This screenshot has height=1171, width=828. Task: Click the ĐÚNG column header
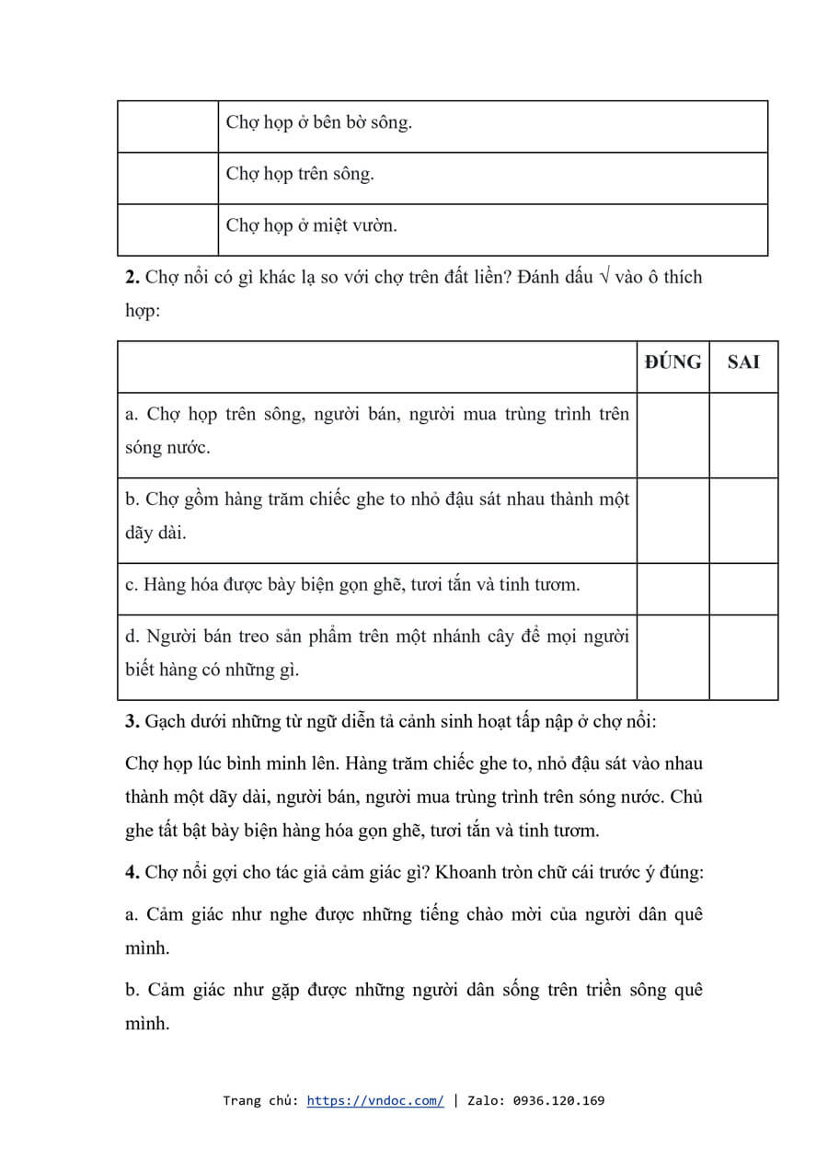pos(673,362)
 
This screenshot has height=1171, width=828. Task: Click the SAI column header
pos(743,362)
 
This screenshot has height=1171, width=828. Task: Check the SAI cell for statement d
pos(743,657)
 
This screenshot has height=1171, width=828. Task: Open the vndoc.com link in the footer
pos(375,1100)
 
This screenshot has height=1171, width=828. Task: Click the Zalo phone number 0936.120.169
pos(558,1100)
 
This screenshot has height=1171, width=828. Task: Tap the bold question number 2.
pos(132,277)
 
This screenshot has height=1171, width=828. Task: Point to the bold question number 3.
pos(132,721)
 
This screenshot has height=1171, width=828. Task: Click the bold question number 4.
pos(132,873)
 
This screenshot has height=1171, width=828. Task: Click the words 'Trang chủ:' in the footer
pos(260,1100)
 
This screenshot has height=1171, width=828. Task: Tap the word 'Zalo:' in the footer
pos(487,1100)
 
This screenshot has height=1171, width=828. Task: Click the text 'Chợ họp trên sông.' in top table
pos(300,174)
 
